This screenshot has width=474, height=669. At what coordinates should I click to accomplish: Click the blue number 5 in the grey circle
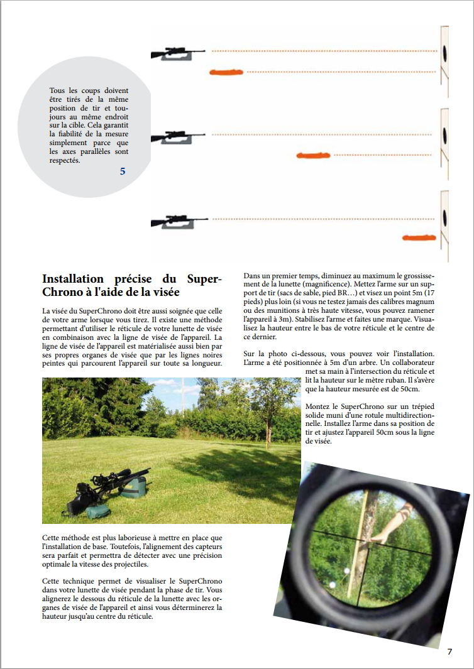pos(123,171)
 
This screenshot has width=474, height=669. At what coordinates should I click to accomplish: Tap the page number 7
pos(449,651)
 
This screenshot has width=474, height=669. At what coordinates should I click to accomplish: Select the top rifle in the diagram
pos(179,53)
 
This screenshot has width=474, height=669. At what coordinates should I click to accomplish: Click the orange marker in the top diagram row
pos(226,72)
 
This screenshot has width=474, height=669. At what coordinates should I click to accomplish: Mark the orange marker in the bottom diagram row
pos(419,237)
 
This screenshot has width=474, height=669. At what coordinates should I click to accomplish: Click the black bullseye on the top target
pos(444,53)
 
